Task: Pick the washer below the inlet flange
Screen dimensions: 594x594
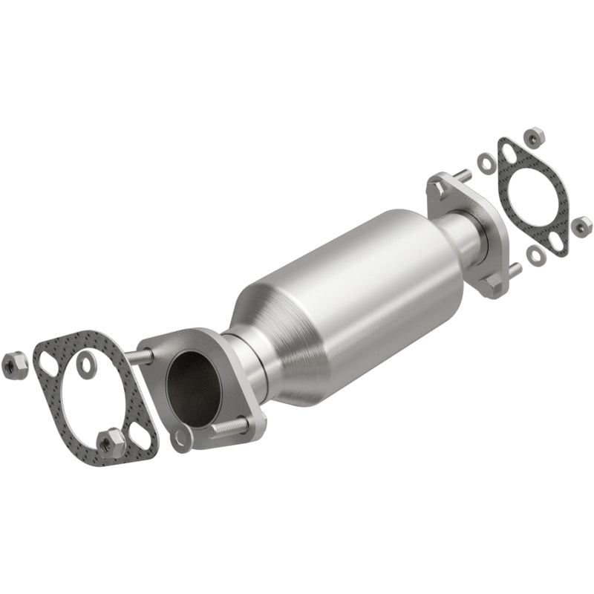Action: (180, 439)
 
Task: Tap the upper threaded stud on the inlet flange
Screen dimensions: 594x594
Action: (139, 357)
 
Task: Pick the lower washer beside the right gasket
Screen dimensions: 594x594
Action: (535, 255)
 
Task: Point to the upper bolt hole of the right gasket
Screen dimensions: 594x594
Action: (509, 153)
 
